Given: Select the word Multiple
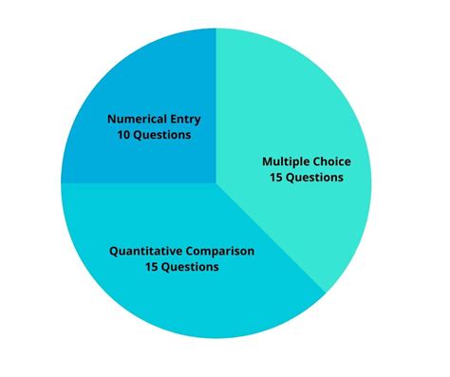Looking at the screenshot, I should click(284, 162).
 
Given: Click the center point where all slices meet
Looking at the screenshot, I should click(216, 183).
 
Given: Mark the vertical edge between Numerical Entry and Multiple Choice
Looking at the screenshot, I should click(216, 104).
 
